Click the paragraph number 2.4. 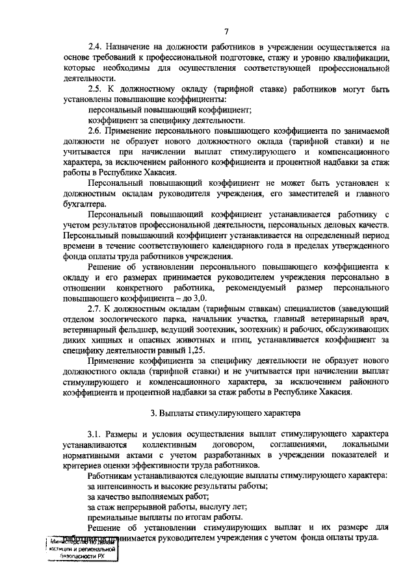96,47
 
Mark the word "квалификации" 360,58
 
